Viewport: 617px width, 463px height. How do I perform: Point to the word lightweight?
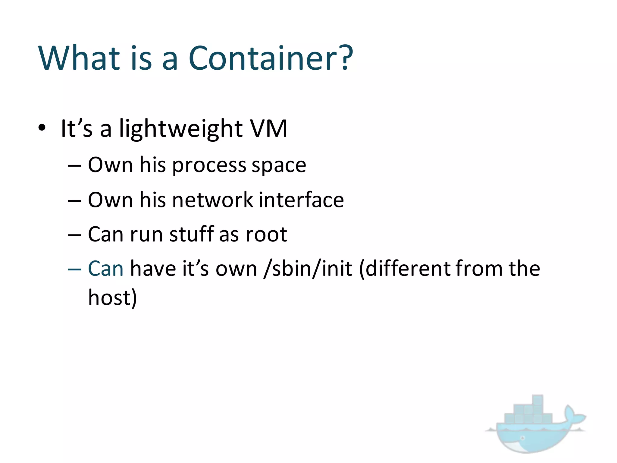pyautogui.click(x=181, y=129)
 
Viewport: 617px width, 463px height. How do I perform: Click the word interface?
pyautogui.click(x=301, y=200)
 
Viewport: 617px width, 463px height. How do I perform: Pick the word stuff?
pyautogui.click(x=192, y=234)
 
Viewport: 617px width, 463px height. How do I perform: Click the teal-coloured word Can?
pyautogui.click(x=105, y=269)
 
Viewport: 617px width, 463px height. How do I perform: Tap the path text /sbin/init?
pyautogui.click(x=308, y=269)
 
